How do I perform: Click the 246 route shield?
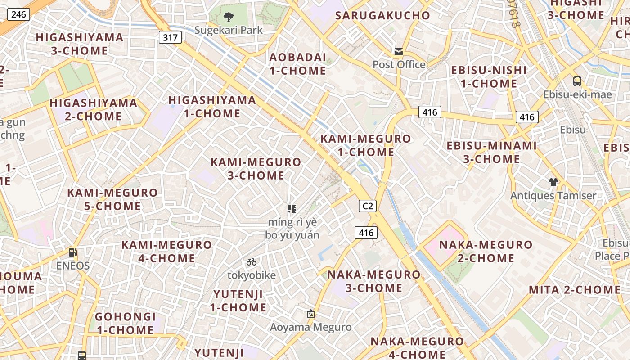pos(18,14)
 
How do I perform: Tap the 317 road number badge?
pos(170,37)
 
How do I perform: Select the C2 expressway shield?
pos(368,206)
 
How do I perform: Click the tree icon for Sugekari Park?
pos(229,17)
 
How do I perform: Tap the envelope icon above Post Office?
pos(399,51)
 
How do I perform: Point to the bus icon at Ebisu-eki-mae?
pos(577,81)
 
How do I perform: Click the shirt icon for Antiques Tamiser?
pos(553,182)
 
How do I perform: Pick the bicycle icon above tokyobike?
pos(252,262)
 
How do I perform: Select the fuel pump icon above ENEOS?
pos(72,252)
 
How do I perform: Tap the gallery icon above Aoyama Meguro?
pos(310,314)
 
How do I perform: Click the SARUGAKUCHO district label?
pos(382,15)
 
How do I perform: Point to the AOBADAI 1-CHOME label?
pos(297,64)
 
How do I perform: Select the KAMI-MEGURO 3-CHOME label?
pos(256,169)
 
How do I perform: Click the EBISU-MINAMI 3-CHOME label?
pos(491,152)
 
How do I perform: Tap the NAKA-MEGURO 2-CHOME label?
pos(486,251)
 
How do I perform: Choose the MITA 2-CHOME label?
pos(575,289)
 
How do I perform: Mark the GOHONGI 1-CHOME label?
pos(125,323)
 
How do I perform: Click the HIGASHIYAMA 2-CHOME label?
pos(93,109)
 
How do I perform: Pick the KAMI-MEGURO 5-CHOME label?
pos(112,199)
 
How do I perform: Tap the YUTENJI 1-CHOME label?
pos(238,301)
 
